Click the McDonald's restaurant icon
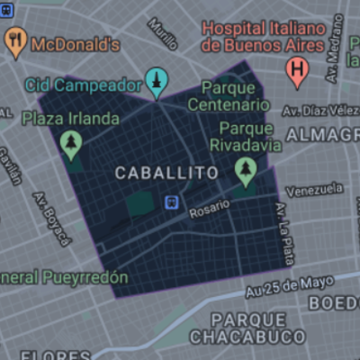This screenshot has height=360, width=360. point(15,40)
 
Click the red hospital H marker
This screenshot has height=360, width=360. point(297,70)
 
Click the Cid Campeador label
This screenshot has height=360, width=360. point(90,85)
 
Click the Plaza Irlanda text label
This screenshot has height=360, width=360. point(70,119)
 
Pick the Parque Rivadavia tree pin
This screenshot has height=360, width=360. point(245,168)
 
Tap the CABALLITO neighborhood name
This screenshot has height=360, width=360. point(167,172)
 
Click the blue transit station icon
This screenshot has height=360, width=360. point(170,202)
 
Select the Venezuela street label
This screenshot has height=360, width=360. point(313,190)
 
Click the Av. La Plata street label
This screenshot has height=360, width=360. point(283,226)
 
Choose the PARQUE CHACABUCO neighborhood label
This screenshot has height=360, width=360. point(248,328)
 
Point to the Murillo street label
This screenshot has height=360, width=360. point(162,33)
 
